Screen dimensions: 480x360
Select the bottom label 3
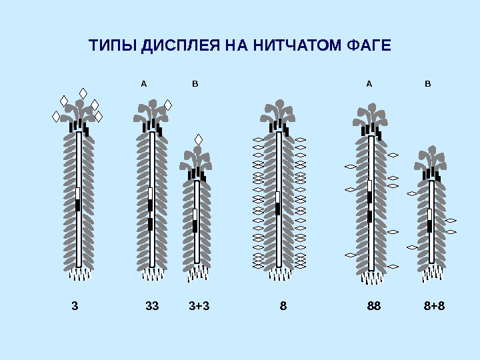[75, 306]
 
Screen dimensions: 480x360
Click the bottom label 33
[152, 306]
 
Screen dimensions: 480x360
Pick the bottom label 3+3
[199, 306]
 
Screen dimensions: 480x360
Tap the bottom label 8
[283, 306]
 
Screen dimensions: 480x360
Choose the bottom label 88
[374, 306]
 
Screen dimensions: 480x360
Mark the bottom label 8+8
[434, 306]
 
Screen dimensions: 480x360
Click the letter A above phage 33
[143, 84]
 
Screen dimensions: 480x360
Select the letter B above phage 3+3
[195, 84]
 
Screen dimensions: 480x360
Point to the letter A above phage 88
[369, 84]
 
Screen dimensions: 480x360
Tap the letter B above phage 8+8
[428, 84]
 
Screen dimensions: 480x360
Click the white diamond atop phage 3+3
[198, 139]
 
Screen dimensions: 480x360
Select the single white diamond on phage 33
[168, 105]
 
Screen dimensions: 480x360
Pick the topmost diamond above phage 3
[83, 93]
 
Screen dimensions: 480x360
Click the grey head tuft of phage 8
[278, 111]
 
